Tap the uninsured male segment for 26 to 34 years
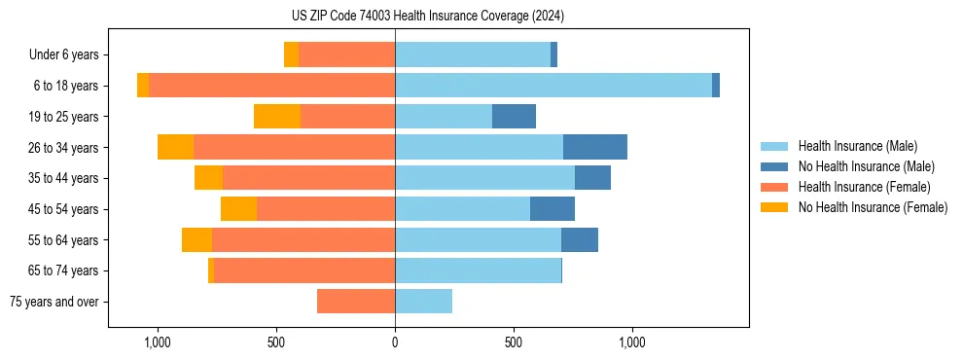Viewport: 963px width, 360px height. click(x=594, y=147)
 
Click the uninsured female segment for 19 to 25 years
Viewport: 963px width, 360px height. click(x=277, y=117)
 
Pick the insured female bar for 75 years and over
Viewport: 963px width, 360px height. click(x=356, y=302)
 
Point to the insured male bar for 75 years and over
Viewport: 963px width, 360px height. click(x=423, y=302)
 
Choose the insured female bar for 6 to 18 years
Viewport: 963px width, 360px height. click(x=271, y=86)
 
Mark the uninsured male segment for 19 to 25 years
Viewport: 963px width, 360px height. click(x=514, y=117)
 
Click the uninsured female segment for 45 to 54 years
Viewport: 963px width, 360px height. click(x=238, y=209)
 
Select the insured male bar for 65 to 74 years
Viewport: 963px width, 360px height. click(x=478, y=270)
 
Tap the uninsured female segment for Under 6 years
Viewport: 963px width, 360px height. click(x=291, y=54)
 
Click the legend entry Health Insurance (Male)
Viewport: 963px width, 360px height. click(x=857, y=146)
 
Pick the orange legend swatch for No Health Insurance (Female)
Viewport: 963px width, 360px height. click(x=774, y=207)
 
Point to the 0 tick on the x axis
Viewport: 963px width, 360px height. click(x=395, y=342)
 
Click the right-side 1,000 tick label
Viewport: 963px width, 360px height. click(x=632, y=342)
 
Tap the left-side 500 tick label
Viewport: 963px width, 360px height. click(x=276, y=342)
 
